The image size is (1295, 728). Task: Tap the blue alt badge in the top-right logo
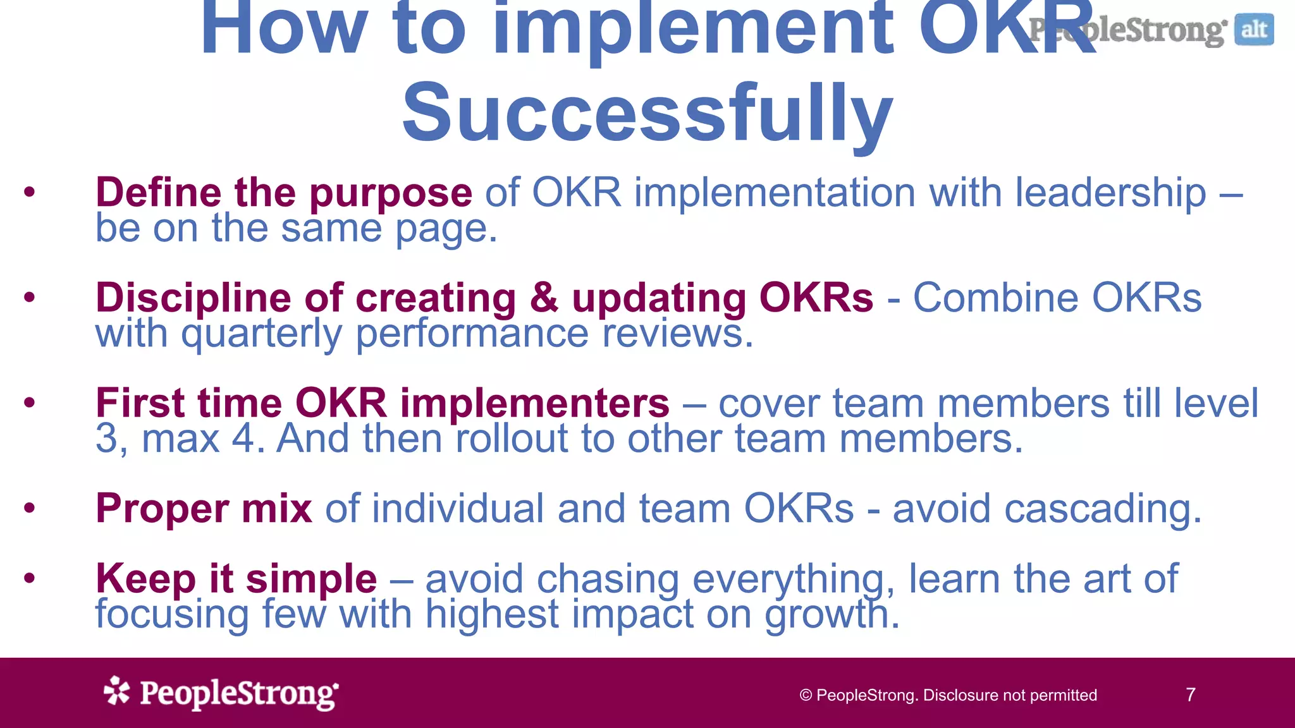tap(1254, 30)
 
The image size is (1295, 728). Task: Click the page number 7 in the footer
tap(1191, 695)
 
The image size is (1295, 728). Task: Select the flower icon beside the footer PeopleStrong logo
tap(117, 691)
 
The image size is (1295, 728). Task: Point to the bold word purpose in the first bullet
tap(390, 193)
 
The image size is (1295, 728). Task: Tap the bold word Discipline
tap(193, 298)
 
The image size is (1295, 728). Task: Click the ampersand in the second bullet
tap(544, 298)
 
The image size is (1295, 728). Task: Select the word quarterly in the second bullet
tap(261, 334)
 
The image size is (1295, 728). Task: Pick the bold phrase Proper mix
tap(204, 508)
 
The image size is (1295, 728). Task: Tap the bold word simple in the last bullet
tap(311, 579)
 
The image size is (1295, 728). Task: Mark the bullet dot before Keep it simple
tap(29, 578)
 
